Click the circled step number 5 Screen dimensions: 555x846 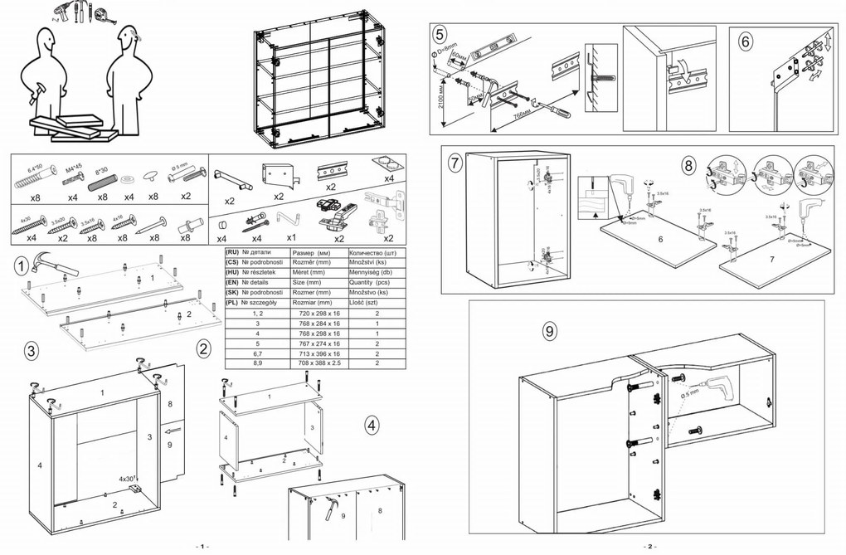(440, 34)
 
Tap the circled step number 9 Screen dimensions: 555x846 (548, 330)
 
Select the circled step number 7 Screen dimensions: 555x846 (454, 163)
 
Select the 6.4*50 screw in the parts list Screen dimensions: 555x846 (34, 179)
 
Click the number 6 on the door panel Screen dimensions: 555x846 (659, 240)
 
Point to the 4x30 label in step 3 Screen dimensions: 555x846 (126, 479)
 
